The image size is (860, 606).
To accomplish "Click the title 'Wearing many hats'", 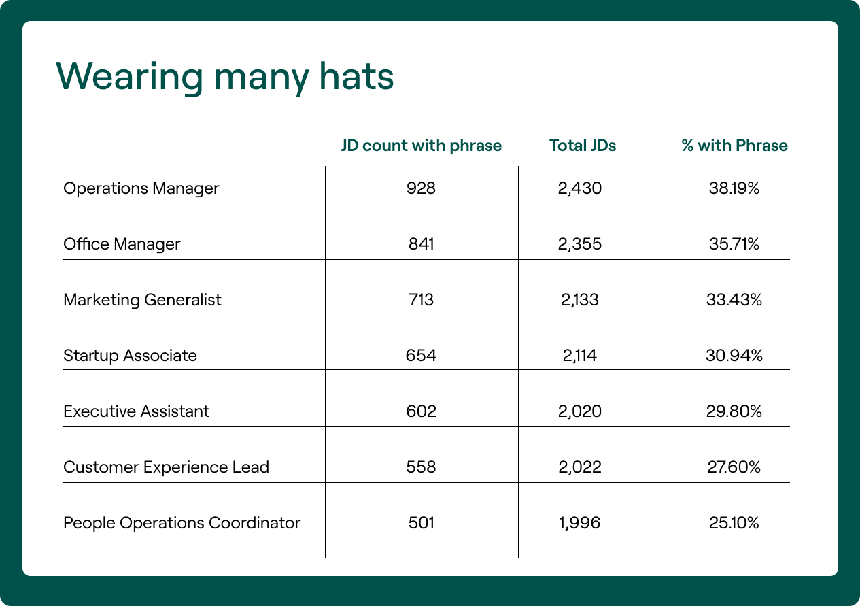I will (224, 76).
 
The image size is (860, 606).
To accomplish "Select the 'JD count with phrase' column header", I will (421, 146).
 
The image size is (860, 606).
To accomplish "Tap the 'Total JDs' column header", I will (583, 146).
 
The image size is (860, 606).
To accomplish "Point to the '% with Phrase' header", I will (734, 146).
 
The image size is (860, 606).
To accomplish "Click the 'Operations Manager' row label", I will (141, 188).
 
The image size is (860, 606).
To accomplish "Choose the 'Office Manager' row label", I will (122, 244).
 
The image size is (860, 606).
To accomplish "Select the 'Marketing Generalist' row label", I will (142, 300).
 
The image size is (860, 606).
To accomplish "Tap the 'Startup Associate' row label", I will (130, 356).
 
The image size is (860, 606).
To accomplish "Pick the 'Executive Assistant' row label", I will (136, 411).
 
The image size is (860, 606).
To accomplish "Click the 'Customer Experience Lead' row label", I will (166, 467).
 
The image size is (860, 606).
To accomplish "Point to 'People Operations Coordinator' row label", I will (182, 523).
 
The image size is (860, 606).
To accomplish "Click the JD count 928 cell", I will (422, 188).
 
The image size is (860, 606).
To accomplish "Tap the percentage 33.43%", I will (734, 300).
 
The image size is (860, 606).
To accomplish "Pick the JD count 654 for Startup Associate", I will (422, 356).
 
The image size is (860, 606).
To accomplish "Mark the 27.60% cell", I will (734, 467).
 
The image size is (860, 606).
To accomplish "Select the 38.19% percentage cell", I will (734, 188).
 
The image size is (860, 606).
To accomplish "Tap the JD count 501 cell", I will (422, 523).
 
